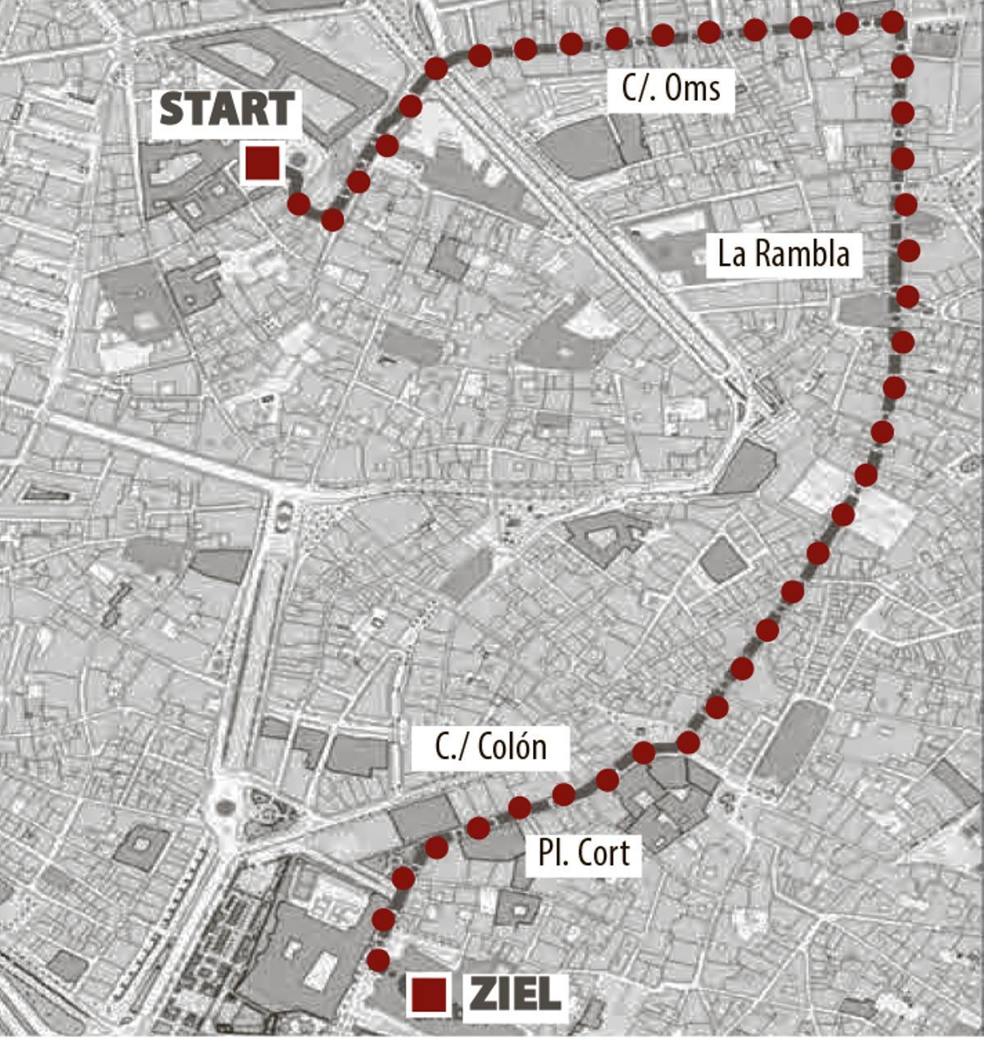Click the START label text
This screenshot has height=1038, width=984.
tap(227, 110)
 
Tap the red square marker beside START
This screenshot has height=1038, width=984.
tap(263, 162)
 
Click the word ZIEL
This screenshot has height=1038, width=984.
tap(516, 995)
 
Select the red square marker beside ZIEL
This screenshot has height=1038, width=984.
tap(429, 995)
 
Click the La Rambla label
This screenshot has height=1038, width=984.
tap(783, 254)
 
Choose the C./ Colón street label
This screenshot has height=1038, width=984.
tap(490, 747)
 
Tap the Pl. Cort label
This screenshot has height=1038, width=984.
tap(584, 854)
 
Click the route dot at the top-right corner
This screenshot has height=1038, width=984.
tap(894, 22)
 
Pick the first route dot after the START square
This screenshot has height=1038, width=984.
tap(298, 203)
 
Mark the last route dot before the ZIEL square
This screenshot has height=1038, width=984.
tap(378, 959)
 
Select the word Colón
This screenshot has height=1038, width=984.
tap(512, 747)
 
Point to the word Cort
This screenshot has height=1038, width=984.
tap(604, 854)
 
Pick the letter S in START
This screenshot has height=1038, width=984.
tap(172, 110)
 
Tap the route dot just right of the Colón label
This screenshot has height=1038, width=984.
tap(645, 751)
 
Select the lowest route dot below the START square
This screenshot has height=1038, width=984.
tap(332, 220)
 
